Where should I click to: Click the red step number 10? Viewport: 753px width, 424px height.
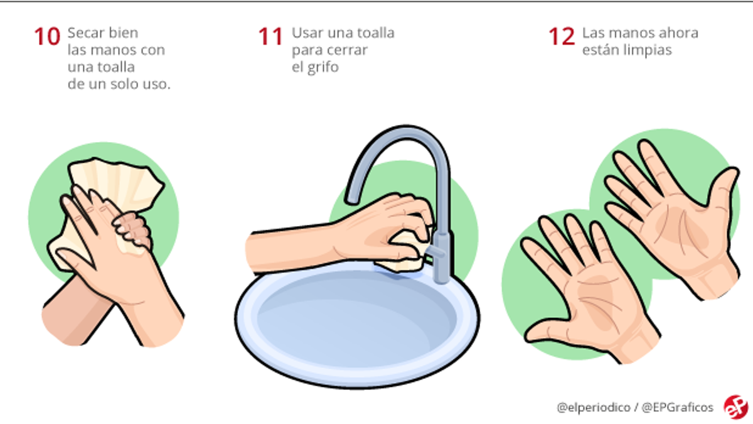click(47, 36)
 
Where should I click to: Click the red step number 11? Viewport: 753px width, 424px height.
click(270, 36)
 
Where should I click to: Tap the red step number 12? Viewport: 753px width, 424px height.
click(562, 36)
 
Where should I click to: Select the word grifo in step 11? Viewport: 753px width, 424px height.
click(315, 67)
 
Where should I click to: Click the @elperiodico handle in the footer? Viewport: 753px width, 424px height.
click(594, 408)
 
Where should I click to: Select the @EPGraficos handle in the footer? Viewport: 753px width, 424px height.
click(677, 408)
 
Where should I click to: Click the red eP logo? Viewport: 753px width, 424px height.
click(736, 407)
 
